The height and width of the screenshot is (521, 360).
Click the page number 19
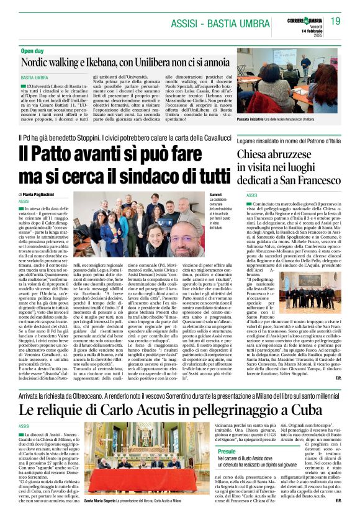click(x=336, y=21)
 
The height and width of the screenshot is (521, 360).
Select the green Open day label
click(x=32, y=50)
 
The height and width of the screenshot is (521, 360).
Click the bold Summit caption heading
click(x=215, y=195)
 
